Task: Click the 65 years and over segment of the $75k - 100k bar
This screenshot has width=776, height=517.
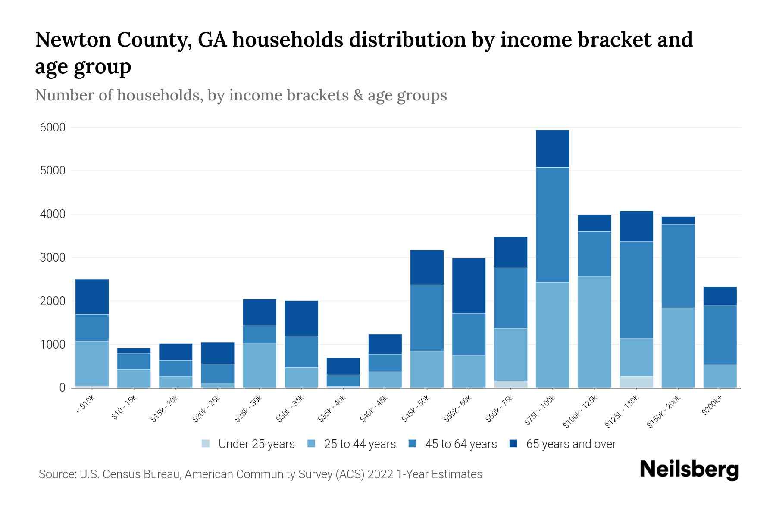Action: pyautogui.click(x=552, y=149)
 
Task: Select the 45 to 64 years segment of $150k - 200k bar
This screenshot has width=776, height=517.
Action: pyautogui.click(x=678, y=266)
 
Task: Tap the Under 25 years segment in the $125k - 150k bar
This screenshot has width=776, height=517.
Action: pyautogui.click(x=636, y=382)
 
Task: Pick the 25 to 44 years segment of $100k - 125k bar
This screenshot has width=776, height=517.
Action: pyautogui.click(x=595, y=332)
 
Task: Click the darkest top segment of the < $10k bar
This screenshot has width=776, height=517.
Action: pyautogui.click(x=92, y=296)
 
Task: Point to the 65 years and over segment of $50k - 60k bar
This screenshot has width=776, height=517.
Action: pyautogui.click(x=469, y=285)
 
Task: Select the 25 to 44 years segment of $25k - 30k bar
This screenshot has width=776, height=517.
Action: pyautogui.click(x=260, y=365)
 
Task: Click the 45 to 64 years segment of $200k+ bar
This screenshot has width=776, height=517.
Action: pyautogui.click(x=720, y=335)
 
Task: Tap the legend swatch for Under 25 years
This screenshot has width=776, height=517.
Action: pyautogui.click(x=206, y=444)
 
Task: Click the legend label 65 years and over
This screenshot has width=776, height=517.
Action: pyautogui.click(x=571, y=444)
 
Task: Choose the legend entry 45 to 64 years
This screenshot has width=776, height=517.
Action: pyautogui.click(x=461, y=444)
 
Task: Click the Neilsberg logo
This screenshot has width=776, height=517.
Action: pyautogui.click(x=689, y=470)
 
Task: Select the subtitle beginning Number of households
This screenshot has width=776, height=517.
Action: pyautogui.click(x=241, y=95)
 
